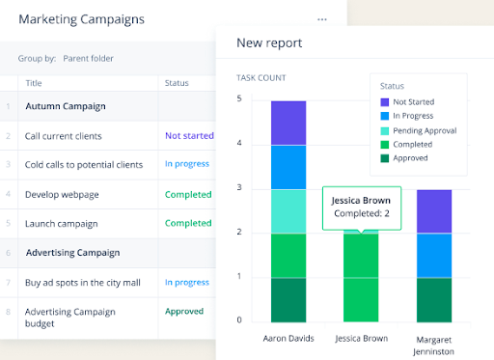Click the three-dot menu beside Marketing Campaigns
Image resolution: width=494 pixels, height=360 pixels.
[x=322, y=19]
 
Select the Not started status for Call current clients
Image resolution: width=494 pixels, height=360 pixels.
[x=189, y=136]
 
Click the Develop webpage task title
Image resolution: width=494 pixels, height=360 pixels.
[x=62, y=195]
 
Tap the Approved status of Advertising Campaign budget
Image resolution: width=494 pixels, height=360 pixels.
[x=184, y=311]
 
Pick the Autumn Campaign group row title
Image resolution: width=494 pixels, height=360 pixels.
[x=66, y=106]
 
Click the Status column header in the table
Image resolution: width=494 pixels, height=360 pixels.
[x=177, y=83]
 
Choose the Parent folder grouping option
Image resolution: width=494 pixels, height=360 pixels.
[x=88, y=59]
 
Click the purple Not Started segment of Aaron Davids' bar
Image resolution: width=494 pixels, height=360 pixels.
[x=288, y=124]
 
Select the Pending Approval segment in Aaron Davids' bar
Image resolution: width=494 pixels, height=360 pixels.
[x=288, y=211]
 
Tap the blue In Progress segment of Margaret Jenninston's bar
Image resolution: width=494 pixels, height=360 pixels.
[x=434, y=256]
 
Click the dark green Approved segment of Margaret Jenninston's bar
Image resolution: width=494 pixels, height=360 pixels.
[x=434, y=300]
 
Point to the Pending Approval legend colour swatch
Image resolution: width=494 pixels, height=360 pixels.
[x=385, y=131]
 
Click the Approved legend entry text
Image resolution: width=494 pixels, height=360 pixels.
[x=410, y=158]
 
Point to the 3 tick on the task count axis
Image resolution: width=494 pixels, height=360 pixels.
[x=239, y=187]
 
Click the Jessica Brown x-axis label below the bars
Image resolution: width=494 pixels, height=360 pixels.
[x=362, y=339]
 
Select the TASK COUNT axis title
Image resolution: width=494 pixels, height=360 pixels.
[x=261, y=78]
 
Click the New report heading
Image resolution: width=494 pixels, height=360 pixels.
[x=269, y=42]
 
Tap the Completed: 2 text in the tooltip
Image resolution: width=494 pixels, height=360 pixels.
[x=362, y=213]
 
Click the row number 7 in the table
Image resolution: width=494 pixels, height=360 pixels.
[x=8, y=283]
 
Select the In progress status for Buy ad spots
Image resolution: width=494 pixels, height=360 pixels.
[x=187, y=283]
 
